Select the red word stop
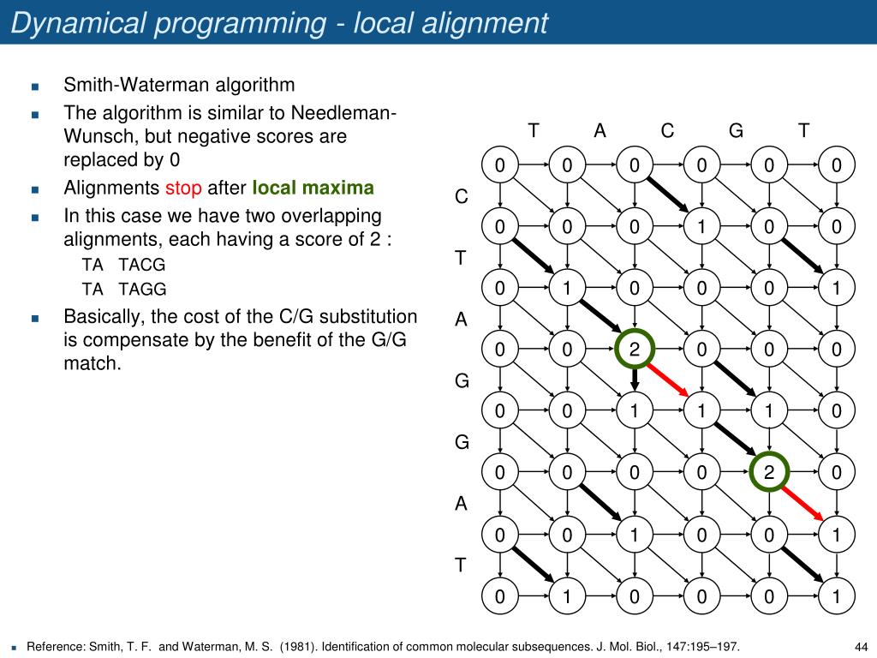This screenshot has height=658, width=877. tap(183, 188)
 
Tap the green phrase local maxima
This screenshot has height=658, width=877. tap(313, 188)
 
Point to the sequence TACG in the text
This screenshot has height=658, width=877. tap(142, 264)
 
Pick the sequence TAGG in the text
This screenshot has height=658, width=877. tap(143, 289)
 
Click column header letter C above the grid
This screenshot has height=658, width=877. tap(668, 131)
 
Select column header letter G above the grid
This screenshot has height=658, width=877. tap(736, 131)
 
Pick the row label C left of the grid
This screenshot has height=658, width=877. tap(462, 197)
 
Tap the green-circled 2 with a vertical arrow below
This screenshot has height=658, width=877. tap(635, 350)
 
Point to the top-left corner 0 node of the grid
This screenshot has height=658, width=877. tap(499, 166)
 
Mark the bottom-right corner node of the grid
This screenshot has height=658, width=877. tap(837, 595)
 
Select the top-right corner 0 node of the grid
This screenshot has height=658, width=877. tap(837, 166)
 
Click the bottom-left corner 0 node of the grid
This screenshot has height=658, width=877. tap(499, 595)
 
